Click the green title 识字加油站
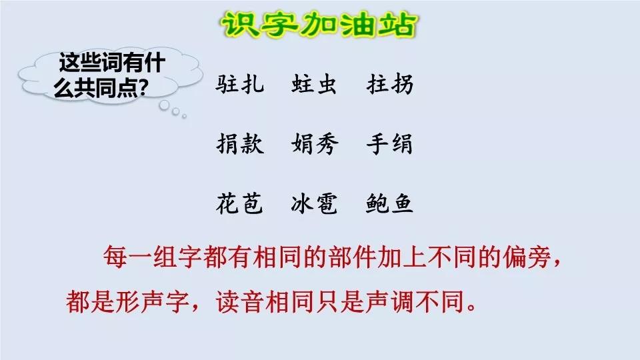tap(319, 25)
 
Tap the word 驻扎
tap(240, 85)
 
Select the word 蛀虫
tap(314, 85)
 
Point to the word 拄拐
tap(390, 85)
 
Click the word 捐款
tap(240, 144)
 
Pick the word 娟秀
tap(315, 144)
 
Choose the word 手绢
tap(389, 144)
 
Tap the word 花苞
tap(239, 203)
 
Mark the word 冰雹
tap(314, 203)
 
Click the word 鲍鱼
tap(389, 203)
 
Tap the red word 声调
tap(391, 302)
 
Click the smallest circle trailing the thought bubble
tap(185, 117)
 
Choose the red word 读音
tap(240, 302)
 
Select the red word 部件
tap(352, 257)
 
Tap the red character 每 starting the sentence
tap(115, 257)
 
